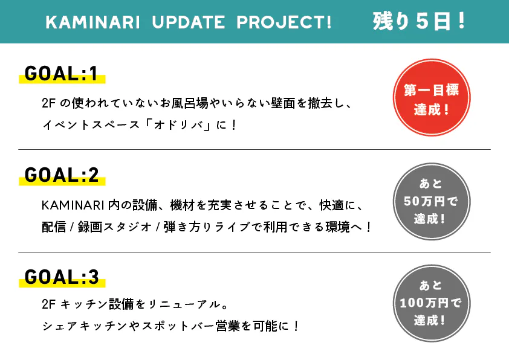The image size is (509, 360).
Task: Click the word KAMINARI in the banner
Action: [x=92, y=22]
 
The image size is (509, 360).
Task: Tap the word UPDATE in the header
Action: [x=188, y=22]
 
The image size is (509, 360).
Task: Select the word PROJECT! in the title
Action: [x=284, y=22]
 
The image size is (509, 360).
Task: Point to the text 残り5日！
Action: [x=419, y=21]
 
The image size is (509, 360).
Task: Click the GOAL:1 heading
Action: [x=61, y=74]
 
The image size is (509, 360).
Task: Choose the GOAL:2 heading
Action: [x=62, y=175]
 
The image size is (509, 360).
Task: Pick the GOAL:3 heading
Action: [x=62, y=277]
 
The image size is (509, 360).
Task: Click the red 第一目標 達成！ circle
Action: [x=432, y=97]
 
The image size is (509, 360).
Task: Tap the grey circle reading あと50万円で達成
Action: [x=432, y=201]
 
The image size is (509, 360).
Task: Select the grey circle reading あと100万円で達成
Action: [x=432, y=303]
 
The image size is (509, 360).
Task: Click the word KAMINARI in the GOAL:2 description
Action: [x=73, y=205]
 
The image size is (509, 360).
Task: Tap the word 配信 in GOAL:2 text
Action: [x=54, y=227]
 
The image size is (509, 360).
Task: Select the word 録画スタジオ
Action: [x=115, y=227]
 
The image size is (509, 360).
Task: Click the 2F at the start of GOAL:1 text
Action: [x=49, y=103]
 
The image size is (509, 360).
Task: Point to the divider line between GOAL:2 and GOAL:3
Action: [x=254, y=252]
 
